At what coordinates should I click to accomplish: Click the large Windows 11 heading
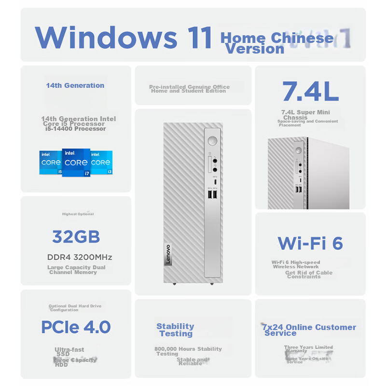tap(124, 38)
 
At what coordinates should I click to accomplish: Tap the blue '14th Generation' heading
tap(75, 85)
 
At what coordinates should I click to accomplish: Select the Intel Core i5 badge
tap(51, 162)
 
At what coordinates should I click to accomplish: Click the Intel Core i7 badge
tap(76, 163)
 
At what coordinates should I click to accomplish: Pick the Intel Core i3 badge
tap(101, 162)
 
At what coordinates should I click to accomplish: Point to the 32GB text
tap(76, 237)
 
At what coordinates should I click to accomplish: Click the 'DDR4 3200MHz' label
tap(80, 257)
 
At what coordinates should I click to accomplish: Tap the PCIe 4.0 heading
tap(76, 327)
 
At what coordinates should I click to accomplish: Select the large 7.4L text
tap(310, 92)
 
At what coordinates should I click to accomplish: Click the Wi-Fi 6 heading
tap(310, 243)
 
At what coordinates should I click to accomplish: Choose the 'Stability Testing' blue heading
tap(175, 330)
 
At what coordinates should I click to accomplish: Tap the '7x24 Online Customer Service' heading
tap(309, 330)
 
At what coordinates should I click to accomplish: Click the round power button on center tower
tap(212, 141)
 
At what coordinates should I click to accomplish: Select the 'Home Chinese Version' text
tap(277, 43)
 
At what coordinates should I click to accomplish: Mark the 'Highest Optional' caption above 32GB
tap(78, 214)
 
